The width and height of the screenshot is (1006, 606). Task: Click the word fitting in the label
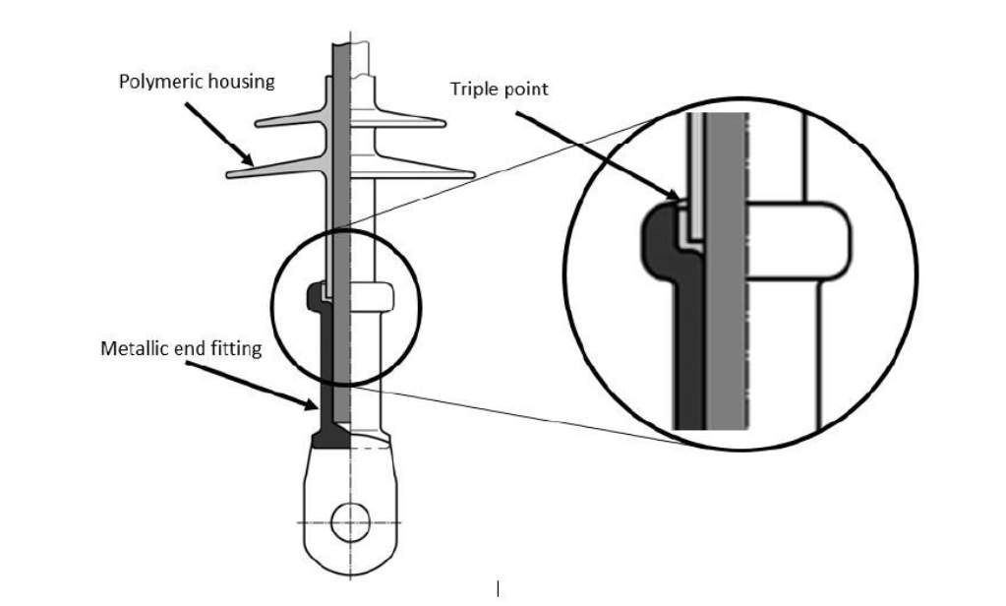coord(237,348)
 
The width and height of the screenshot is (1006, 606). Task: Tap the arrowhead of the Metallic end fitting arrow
coord(318,406)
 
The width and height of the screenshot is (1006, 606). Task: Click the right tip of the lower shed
coord(474,175)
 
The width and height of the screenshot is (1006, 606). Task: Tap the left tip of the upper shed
coord(259,124)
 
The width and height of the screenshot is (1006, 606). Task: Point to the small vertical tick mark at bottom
coord(499,588)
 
